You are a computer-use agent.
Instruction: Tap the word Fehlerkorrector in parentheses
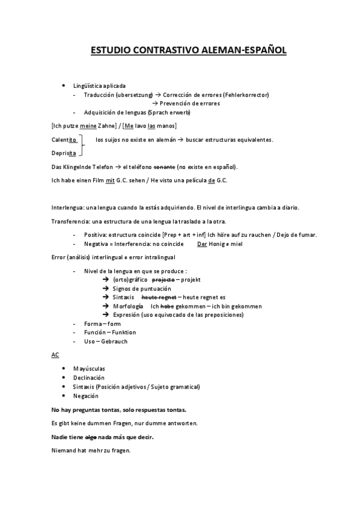[246, 95]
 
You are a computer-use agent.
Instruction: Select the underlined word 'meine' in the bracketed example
[88, 126]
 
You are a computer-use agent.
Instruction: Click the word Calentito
[64, 140]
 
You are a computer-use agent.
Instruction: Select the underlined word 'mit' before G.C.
[110, 180]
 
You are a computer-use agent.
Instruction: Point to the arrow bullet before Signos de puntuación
[106, 289]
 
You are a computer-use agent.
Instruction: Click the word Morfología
[128, 306]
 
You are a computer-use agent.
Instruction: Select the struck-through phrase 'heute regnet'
[158, 297]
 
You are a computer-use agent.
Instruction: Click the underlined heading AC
[55, 355]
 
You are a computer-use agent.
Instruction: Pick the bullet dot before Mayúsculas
[64, 369]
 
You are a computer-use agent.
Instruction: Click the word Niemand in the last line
[64, 450]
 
